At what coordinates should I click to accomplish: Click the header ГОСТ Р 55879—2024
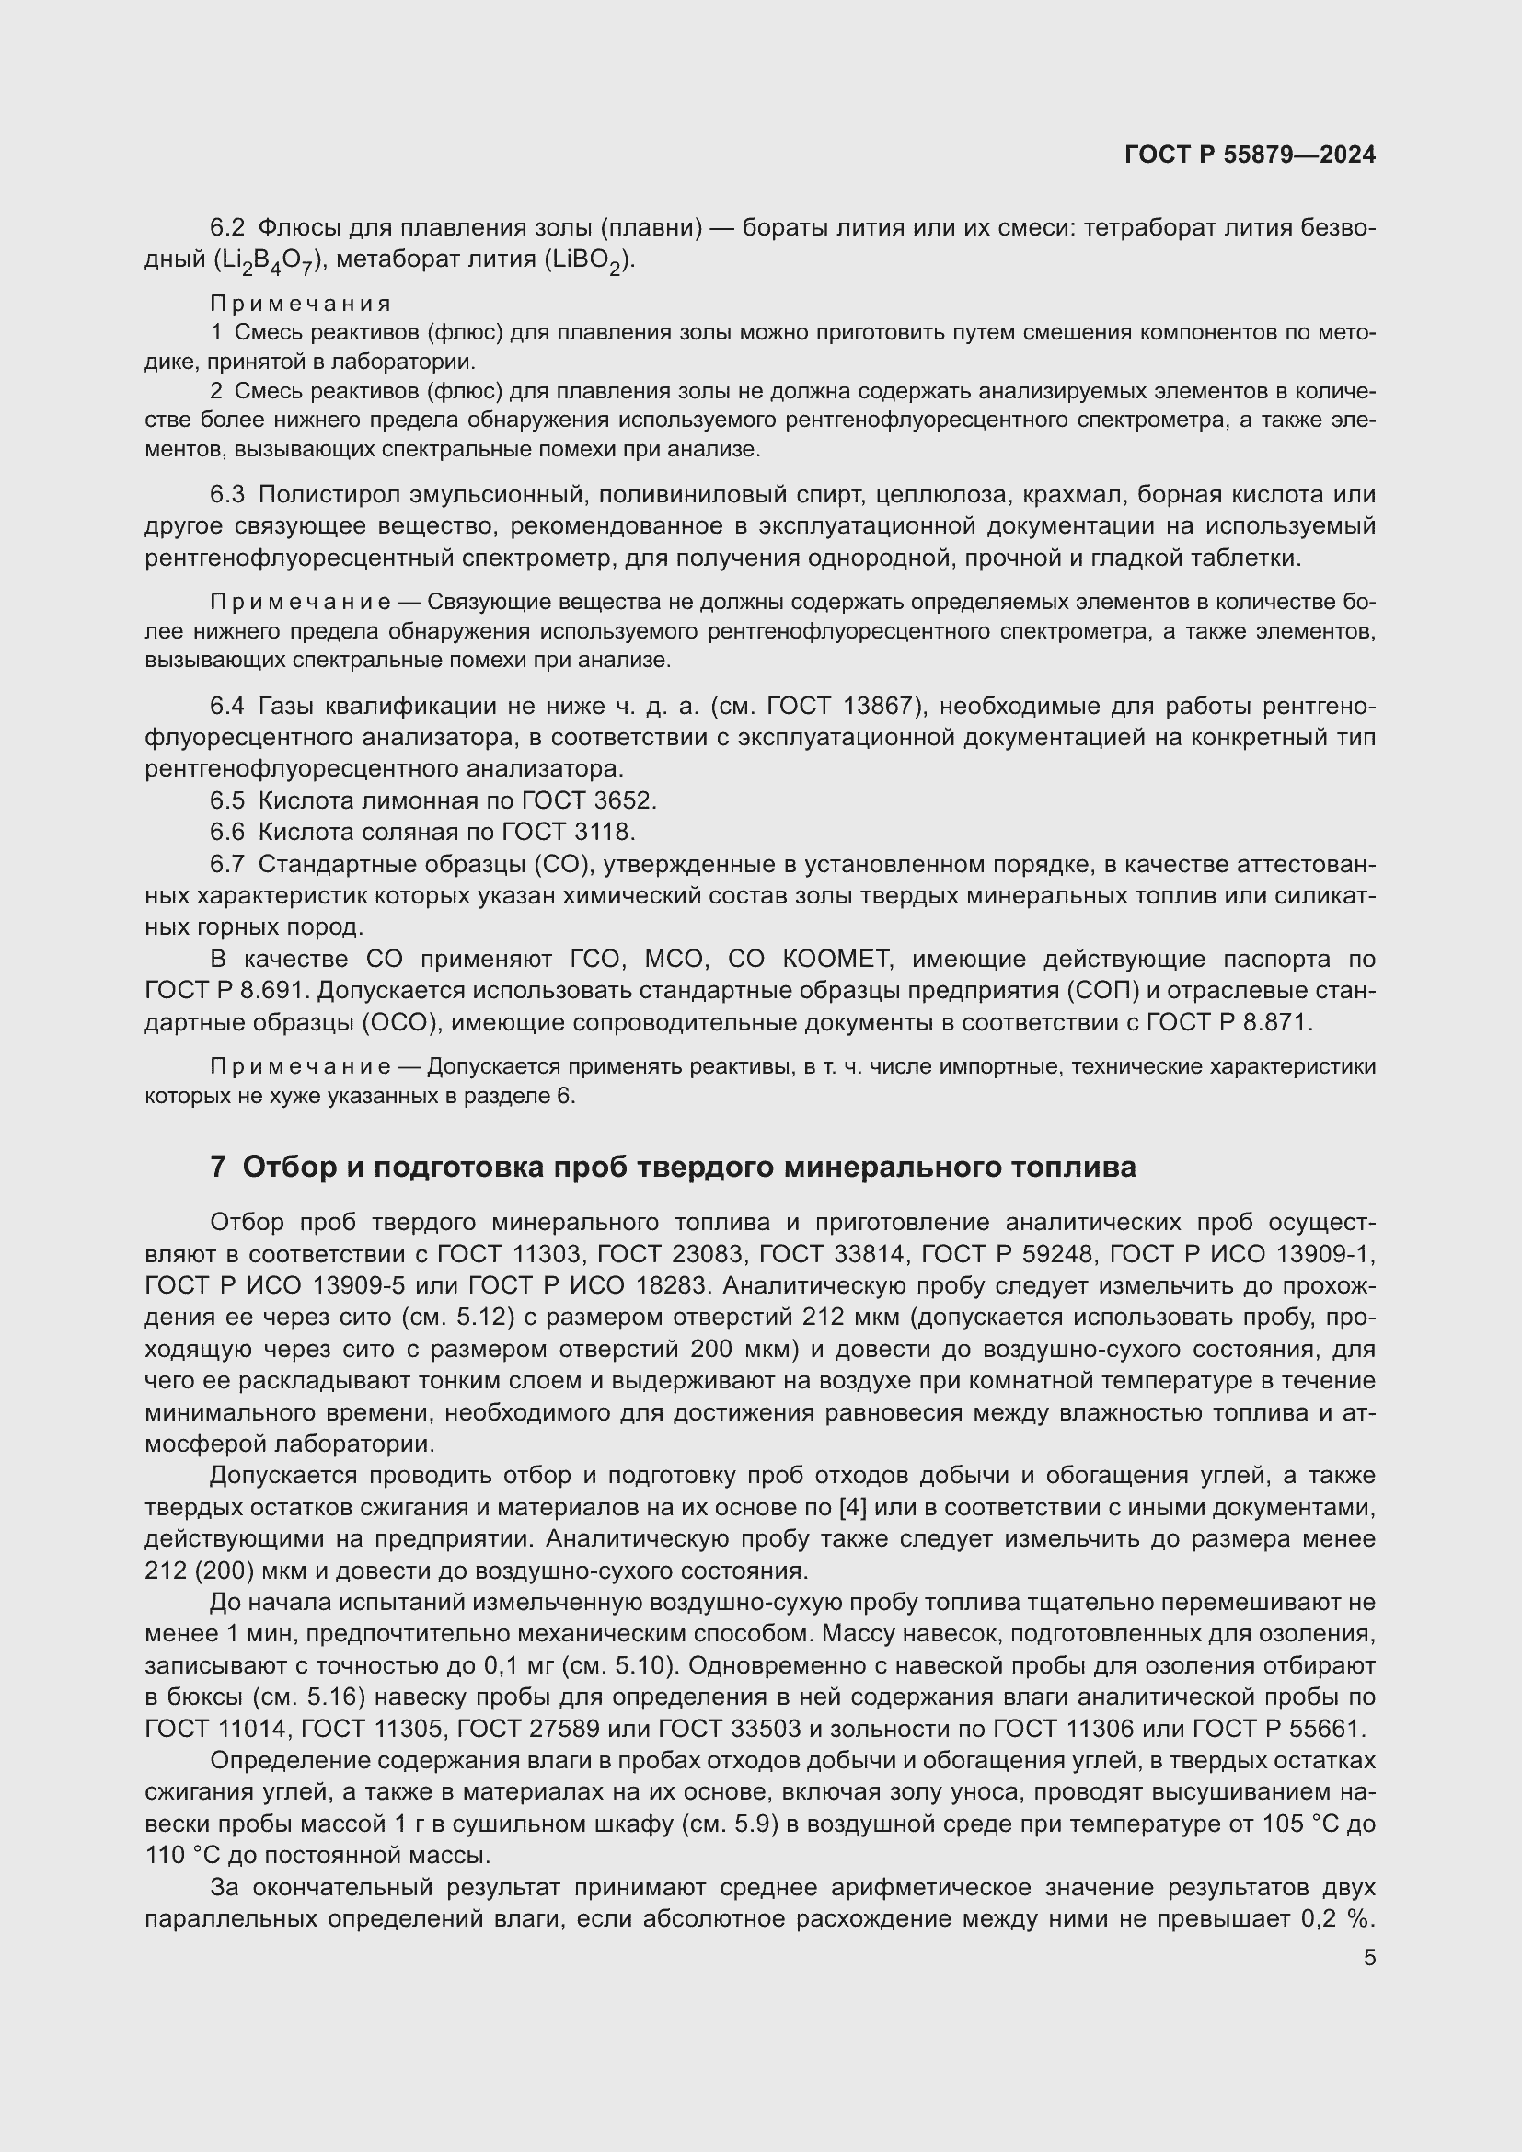(1250, 155)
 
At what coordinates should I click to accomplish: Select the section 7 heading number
(217, 1167)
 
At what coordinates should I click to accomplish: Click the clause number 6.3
(226, 494)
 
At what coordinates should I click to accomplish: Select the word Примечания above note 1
(300, 304)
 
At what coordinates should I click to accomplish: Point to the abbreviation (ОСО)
(400, 1022)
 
